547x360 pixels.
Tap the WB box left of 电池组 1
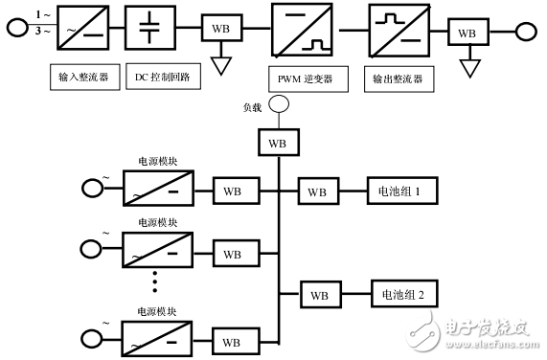click(317, 192)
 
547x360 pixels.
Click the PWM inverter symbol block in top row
click(301, 29)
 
